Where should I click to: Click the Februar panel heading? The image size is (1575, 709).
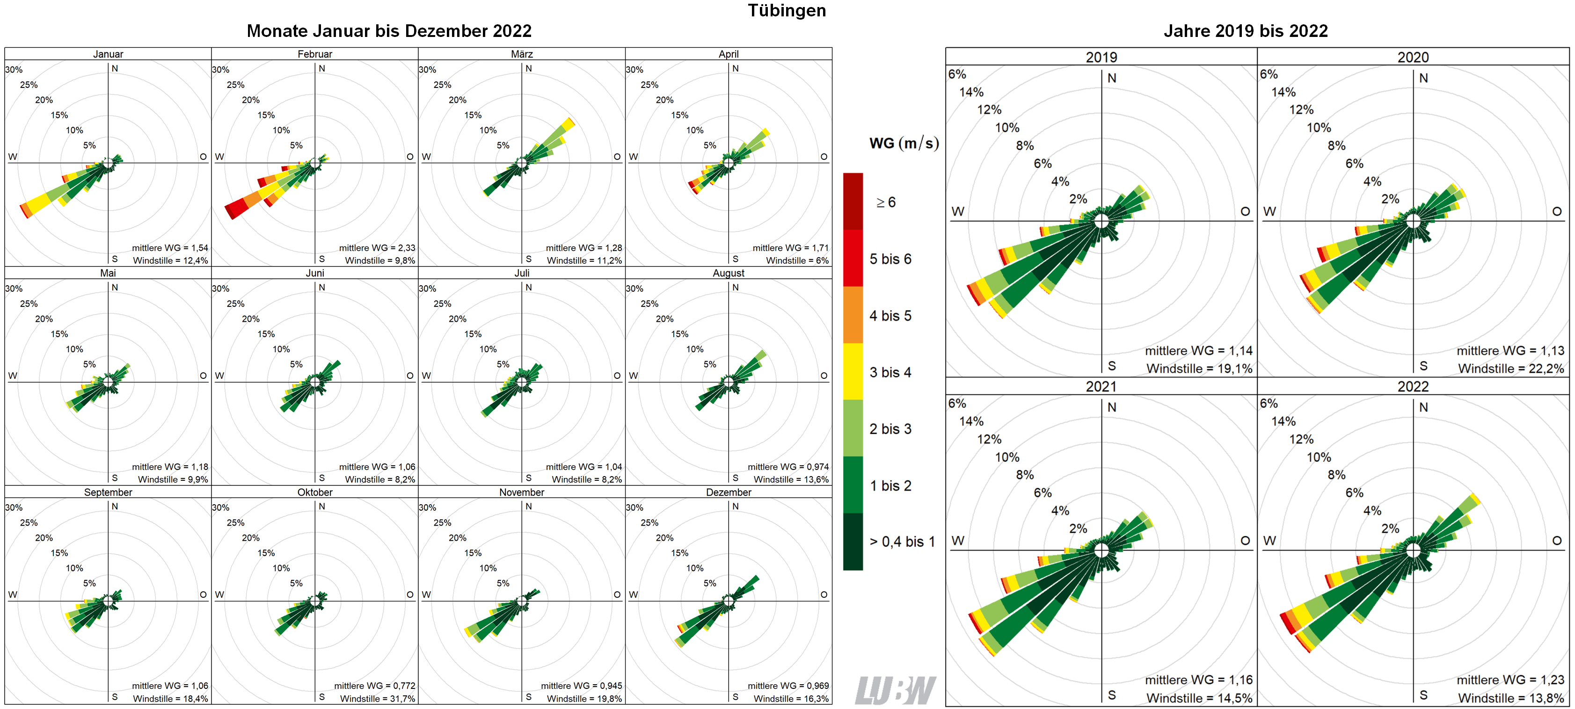pyautogui.click(x=315, y=54)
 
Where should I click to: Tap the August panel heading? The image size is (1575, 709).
pyautogui.click(x=728, y=273)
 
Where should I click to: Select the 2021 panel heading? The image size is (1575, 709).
pyautogui.click(x=1101, y=386)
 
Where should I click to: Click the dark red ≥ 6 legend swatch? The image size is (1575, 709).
pyautogui.click(x=853, y=201)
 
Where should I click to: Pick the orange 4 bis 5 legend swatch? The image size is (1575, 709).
pyautogui.click(x=853, y=315)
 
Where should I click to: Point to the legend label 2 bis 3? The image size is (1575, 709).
pyautogui.click(x=890, y=429)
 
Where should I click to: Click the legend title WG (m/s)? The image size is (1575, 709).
pyautogui.click(x=904, y=143)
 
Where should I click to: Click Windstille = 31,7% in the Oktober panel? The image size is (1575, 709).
pyautogui.click(x=377, y=699)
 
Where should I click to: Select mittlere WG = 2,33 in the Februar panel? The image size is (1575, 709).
pyautogui.click(x=377, y=247)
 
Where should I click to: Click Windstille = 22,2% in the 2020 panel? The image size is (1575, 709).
pyautogui.click(x=1511, y=369)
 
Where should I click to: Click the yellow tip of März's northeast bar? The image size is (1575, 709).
pyautogui.click(x=568, y=124)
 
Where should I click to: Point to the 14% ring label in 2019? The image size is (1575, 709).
pyautogui.click(x=971, y=92)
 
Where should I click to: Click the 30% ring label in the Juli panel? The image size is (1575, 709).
pyautogui.click(x=427, y=289)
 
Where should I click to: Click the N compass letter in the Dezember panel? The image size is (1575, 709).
pyautogui.click(x=736, y=506)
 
